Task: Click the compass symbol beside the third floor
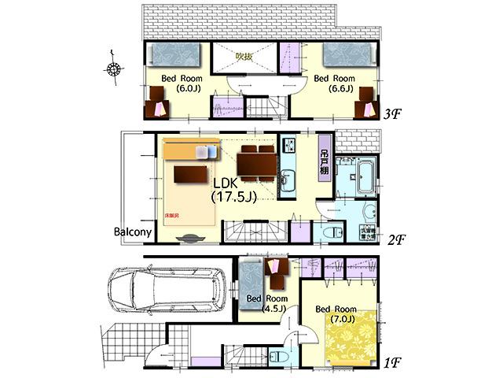click(114, 69)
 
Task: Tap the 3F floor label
click(394, 114)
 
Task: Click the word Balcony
click(132, 232)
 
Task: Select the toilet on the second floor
click(332, 232)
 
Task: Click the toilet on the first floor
click(279, 357)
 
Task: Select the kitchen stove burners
click(288, 146)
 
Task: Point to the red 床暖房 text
click(172, 214)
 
